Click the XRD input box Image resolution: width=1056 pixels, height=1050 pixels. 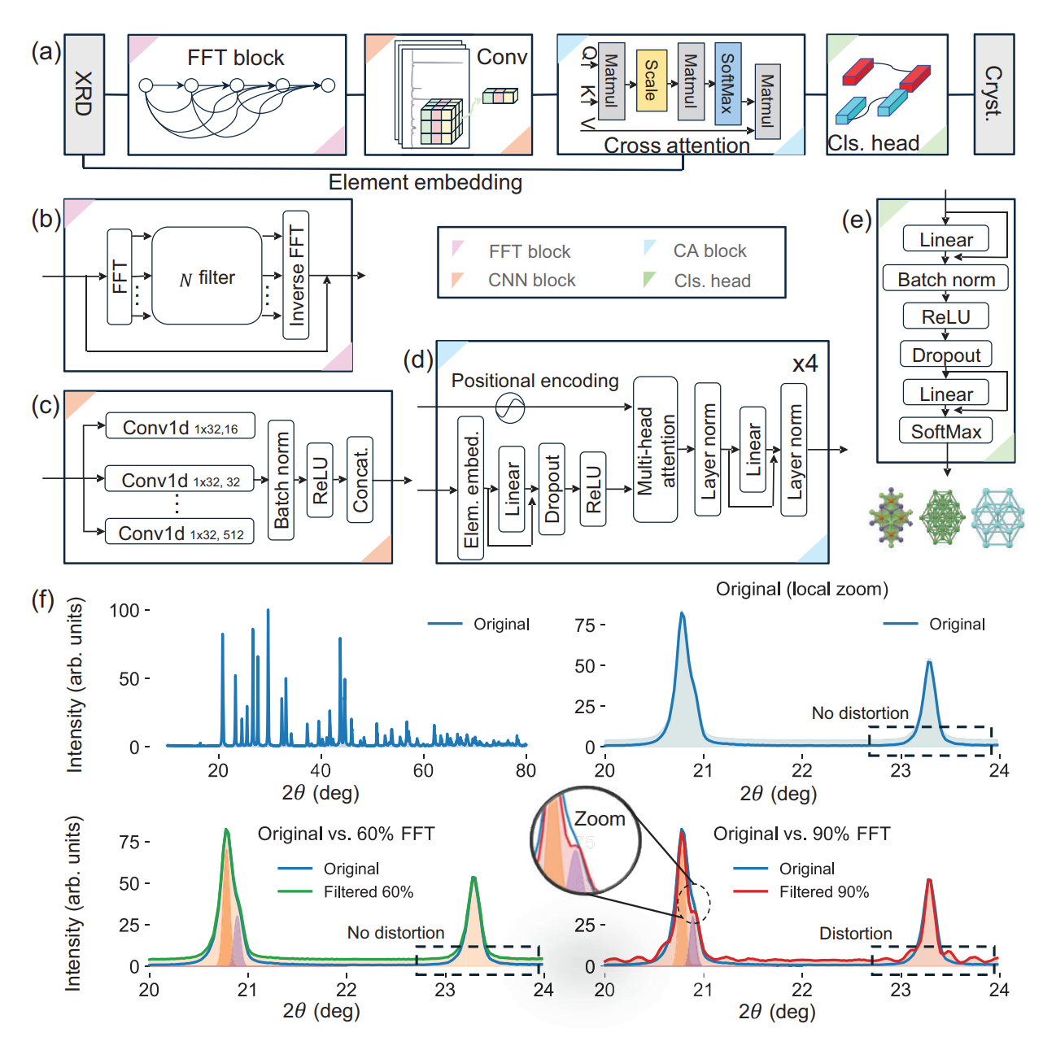pos(84,94)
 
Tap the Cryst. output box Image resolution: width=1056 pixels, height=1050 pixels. pos(993,94)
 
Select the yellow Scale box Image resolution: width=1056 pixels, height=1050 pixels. pos(651,81)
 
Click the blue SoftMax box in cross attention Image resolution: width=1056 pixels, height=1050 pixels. pos(728,84)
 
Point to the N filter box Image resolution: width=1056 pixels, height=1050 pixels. pos(207,276)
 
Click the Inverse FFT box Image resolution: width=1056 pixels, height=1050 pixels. pos(296,275)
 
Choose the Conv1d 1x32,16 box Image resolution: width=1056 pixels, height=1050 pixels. pos(181,426)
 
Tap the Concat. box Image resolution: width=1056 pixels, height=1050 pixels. pos(360,480)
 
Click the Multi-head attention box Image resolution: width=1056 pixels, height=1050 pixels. pos(655,450)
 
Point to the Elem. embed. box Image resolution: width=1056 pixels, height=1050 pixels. pos(471,488)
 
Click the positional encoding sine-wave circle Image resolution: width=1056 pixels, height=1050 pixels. pos(509,407)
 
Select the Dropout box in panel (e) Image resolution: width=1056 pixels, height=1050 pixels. pos(945,354)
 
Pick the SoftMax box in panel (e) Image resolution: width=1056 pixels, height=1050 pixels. pos(945,431)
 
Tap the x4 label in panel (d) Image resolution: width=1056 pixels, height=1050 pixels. pos(805,364)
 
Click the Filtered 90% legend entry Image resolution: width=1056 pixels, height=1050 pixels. pos(801,891)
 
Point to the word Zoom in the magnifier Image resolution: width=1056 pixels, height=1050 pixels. pos(600,819)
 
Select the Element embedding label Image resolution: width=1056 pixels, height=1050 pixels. pos(425,182)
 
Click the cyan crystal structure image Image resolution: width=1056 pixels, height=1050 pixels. pos(997,517)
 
